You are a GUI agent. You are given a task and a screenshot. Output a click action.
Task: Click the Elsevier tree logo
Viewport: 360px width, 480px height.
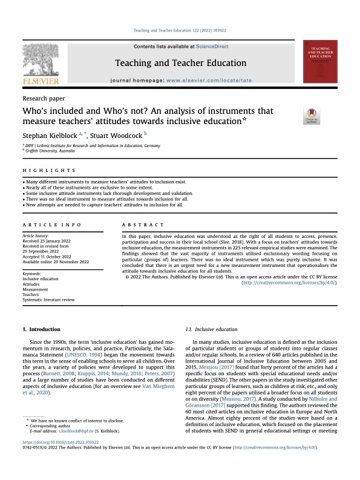click(x=41, y=62)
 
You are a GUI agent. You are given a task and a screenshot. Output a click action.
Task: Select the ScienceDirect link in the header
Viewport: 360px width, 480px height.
click(x=212, y=47)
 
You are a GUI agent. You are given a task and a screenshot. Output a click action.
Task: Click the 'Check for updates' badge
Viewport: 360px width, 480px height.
click(x=312, y=116)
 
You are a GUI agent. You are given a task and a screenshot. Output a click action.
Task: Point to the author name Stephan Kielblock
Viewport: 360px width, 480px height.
click(x=53, y=137)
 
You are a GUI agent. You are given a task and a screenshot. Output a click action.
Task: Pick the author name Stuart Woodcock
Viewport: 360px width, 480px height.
click(x=117, y=137)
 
